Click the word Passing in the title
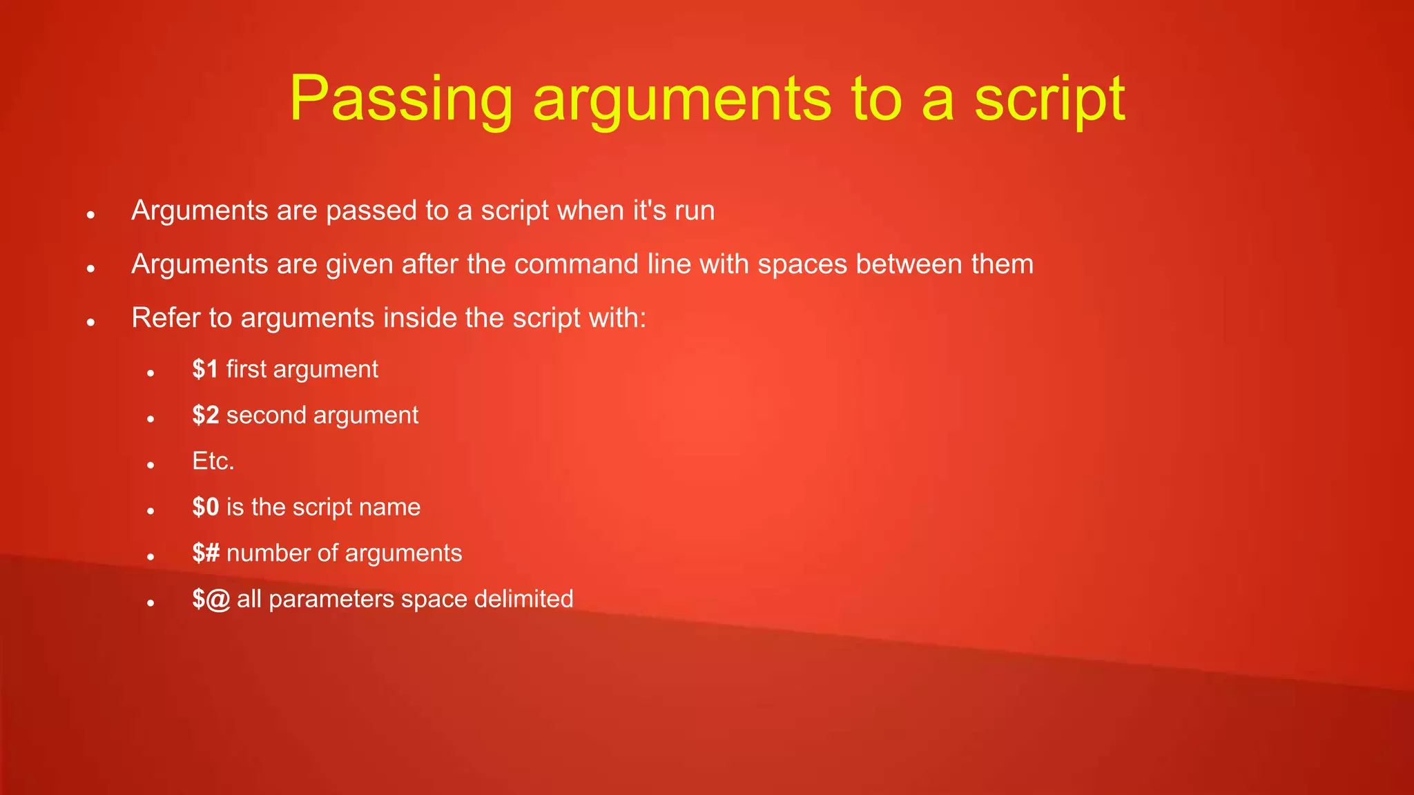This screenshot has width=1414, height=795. pos(400,100)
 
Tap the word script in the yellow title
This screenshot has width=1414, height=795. pos(1049,100)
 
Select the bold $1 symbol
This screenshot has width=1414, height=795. pos(205,369)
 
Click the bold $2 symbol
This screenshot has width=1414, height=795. pos(206,415)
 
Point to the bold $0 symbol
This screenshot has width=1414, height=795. pos(206,507)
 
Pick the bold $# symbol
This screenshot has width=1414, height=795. pos(206,553)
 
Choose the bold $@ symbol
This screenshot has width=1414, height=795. pos(211,599)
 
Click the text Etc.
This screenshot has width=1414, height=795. pos(213,461)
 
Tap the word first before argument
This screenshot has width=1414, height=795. pos(246,369)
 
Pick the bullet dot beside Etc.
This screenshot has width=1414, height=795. pos(151,465)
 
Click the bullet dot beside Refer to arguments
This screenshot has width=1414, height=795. pos(90,322)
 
